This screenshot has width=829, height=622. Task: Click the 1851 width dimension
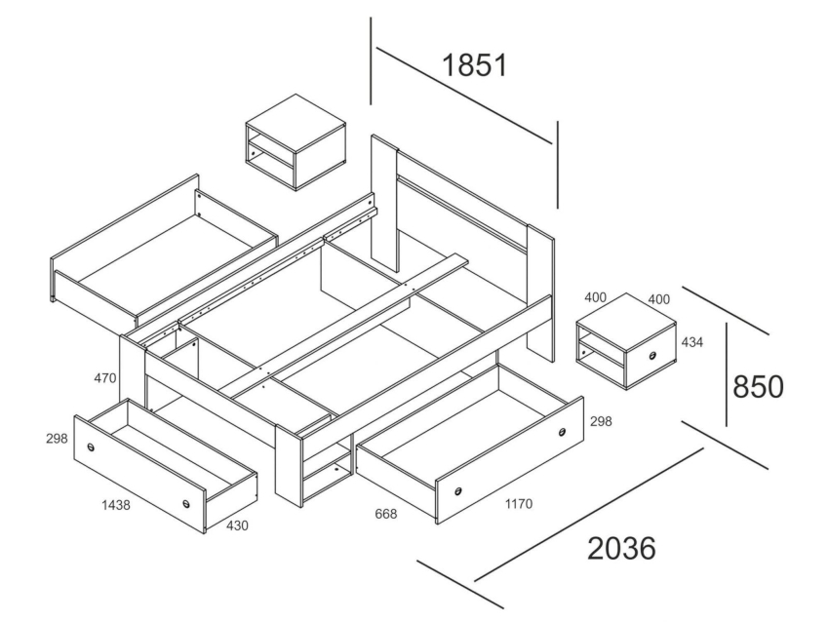coord(474,65)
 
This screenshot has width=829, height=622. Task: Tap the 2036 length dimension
coord(622,548)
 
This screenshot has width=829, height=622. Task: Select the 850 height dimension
coord(758,387)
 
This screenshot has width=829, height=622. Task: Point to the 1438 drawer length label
coord(116,505)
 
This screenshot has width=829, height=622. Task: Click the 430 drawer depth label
coord(237,525)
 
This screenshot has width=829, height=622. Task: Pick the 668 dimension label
coord(385,513)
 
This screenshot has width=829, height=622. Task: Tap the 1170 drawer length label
coord(518,504)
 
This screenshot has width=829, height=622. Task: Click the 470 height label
coord(105,378)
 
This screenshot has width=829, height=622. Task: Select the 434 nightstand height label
coord(692,342)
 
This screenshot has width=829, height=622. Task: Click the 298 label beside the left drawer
coord(57,438)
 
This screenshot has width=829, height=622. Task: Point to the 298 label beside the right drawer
coord(601,420)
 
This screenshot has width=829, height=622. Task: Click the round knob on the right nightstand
coord(652,356)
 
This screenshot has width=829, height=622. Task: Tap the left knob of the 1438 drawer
coord(92,447)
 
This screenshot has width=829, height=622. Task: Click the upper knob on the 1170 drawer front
coord(562,432)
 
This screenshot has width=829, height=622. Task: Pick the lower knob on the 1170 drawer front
coord(457,492)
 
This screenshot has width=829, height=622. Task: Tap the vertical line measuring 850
coord(726,374)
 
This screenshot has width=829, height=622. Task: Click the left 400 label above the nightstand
coord(595,297)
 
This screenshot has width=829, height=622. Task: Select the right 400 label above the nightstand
coord(658,299)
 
